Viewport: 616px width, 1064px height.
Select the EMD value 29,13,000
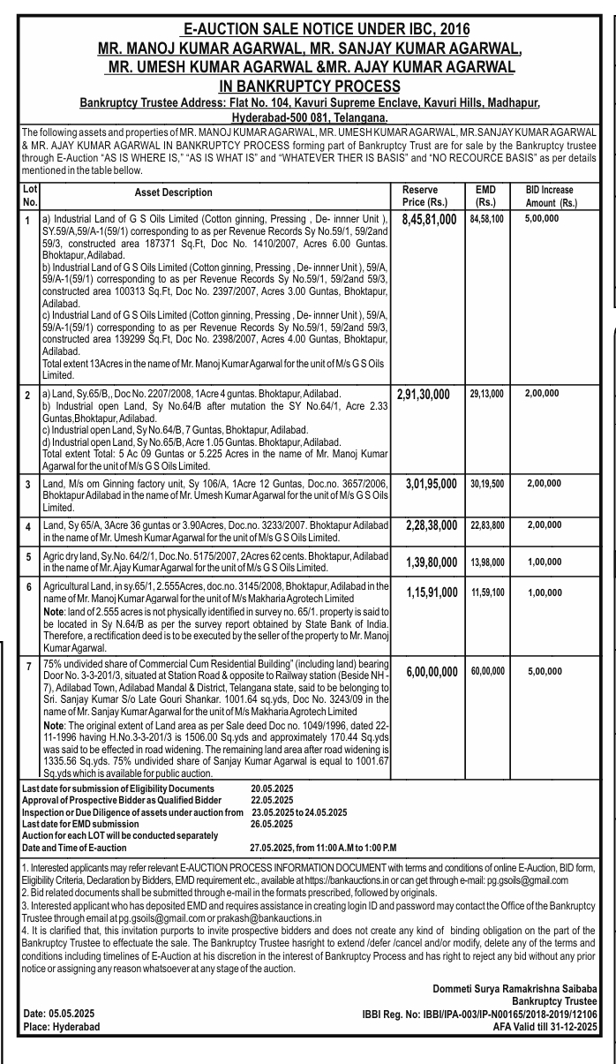pos(486,391)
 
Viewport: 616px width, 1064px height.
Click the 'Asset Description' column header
pos(174,192)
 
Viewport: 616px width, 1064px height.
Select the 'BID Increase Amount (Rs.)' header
pos(549,195)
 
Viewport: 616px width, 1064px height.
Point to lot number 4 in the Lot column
pos(28,526)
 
